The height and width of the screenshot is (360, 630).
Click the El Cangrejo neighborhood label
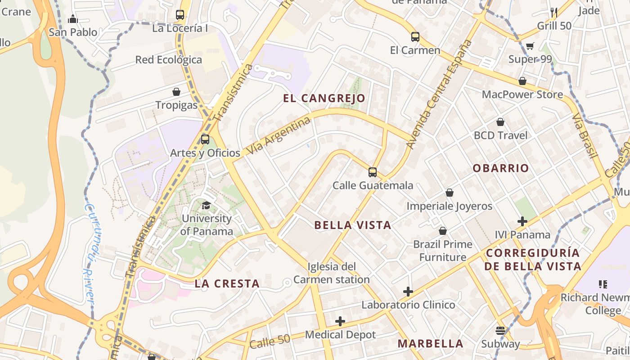pyautogui.click(x=324, y=98)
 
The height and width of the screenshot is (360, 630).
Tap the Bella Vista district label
pyautogui.click(x=352, y=225)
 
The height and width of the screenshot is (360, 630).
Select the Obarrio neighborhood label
pyautogui.click(x=500, y=168)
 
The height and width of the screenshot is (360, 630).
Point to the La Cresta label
pyautogui.click(x=227, y=283)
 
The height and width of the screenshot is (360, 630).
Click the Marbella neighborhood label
pyautogui.click(x=430, y=344)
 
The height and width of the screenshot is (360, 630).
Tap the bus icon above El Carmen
pyautogui.click(x=415, y=37)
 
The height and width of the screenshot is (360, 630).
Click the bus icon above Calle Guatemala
pyautogui.click(x=372, y=172)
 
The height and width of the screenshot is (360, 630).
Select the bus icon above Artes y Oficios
pyautogui.click(x=205, y=139)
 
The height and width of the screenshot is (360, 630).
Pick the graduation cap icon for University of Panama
pyautogui.click(x=206, y=206)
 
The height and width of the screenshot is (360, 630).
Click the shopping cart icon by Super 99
pyautogui.click(x=530, y=46)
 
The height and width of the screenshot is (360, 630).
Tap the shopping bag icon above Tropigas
pyautogui.click(x=176, y=92)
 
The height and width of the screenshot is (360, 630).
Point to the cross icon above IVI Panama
pyautogui.click(x=522, y=221)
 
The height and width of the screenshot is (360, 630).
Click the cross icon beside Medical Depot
pyautogui.click(x=340, y=321)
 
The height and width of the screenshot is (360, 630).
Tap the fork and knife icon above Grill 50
pyautogui.click(x=554, y=12)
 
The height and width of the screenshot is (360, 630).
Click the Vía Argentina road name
pyautogui.click(x=279, y=136)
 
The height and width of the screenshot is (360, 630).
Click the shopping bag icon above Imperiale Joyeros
pyautogui.click(x=449, y=193)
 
